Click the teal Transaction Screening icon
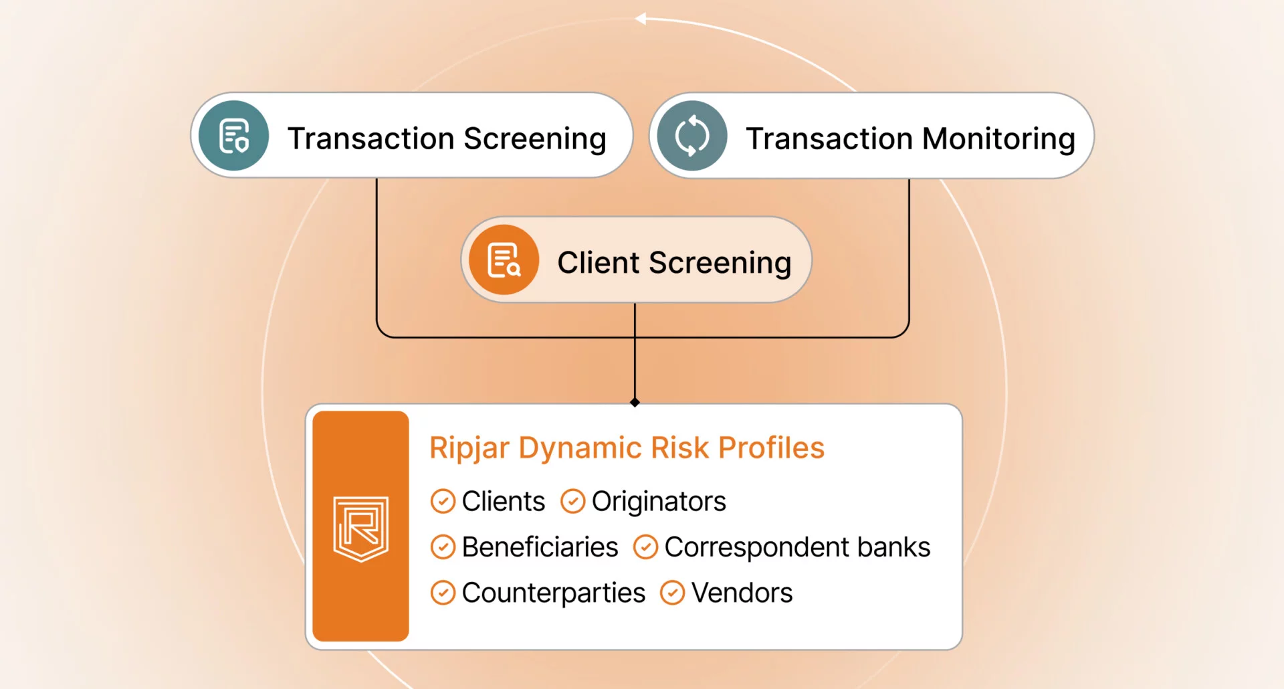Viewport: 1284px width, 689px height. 234,136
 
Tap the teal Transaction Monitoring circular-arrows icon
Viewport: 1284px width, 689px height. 691,136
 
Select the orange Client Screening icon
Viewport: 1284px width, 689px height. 504,260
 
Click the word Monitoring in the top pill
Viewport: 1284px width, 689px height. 998,139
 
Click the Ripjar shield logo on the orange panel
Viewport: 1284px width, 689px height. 361,528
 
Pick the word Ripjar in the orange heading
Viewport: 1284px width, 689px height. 469,448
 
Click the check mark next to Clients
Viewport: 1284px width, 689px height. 443,501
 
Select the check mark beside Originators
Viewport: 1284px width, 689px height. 572,501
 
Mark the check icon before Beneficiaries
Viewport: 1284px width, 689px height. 443,547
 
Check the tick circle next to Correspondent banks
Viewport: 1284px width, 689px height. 645,547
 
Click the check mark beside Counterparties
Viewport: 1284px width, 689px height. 443,593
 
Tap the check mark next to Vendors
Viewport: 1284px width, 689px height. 672,593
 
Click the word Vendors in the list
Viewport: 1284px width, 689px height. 742,593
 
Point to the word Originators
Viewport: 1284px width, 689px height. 659,502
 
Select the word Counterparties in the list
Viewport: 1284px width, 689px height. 554,593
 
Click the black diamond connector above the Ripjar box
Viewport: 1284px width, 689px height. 635,402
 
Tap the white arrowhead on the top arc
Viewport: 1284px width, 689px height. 641,19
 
